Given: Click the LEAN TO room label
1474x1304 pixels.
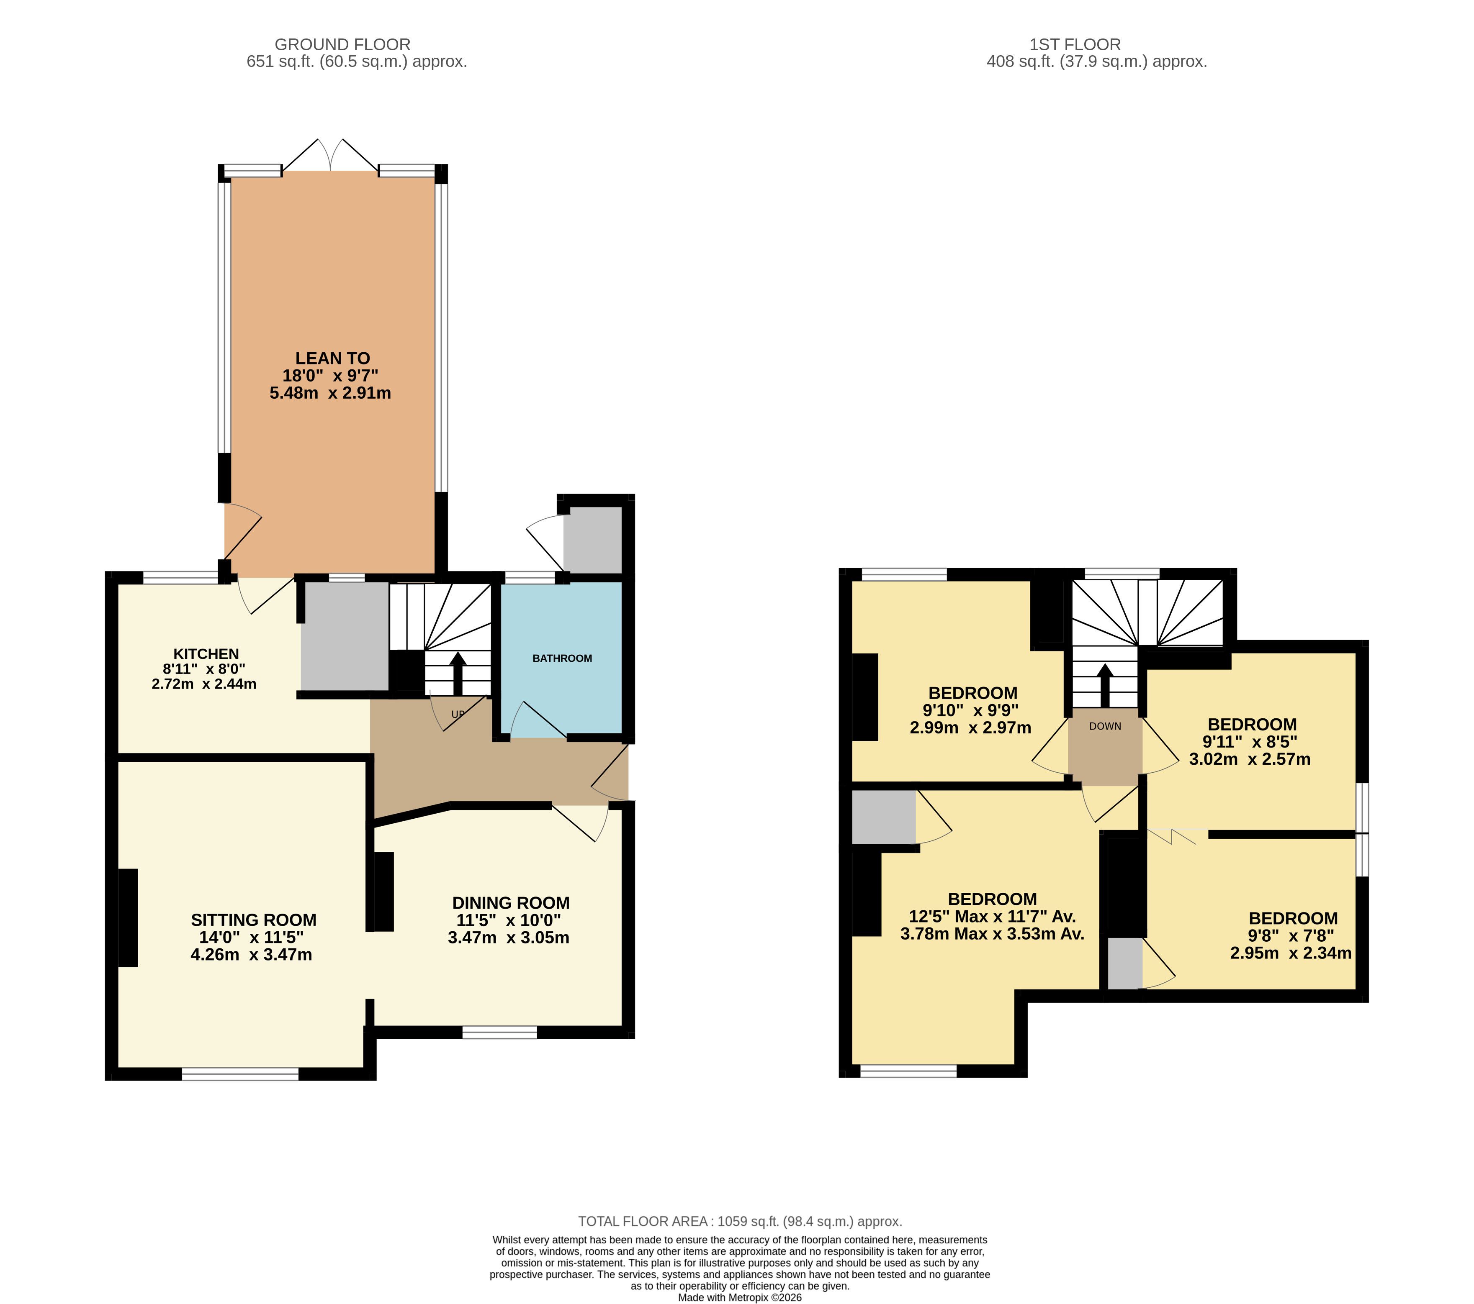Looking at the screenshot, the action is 332,358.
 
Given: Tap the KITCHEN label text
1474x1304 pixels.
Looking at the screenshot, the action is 206,654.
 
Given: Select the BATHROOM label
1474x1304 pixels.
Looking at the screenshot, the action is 563,658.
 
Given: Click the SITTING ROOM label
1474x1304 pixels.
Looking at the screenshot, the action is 254,920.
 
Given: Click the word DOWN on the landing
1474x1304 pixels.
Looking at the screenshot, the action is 1106,726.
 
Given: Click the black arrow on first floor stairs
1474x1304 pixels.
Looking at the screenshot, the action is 1105,685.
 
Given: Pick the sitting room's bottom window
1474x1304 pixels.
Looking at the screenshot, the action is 240,1074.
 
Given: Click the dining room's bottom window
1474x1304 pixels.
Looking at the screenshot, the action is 500,1032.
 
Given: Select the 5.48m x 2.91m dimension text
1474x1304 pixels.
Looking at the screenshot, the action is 330,393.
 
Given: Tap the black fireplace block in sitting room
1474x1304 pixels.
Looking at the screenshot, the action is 129,917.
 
